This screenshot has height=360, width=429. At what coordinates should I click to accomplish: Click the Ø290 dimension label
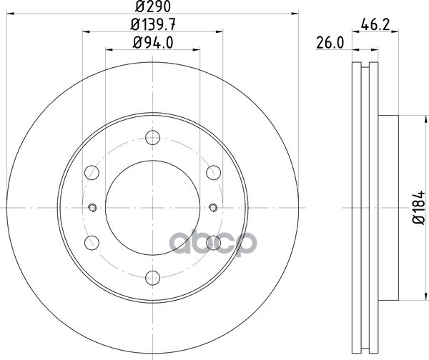153,6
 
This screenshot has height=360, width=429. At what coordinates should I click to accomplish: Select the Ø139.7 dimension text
153,25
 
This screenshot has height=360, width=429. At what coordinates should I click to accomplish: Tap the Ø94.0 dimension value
153,43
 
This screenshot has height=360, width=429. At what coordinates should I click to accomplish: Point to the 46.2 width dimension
375,25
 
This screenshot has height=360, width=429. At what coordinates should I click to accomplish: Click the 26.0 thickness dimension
330,43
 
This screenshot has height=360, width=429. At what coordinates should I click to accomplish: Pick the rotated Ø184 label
418,207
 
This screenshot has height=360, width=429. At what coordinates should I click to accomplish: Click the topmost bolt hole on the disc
153,137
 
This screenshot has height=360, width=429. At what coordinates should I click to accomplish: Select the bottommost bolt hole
153,278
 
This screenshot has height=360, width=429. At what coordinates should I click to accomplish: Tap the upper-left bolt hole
92,172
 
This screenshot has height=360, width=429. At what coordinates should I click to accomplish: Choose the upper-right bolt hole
213,172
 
